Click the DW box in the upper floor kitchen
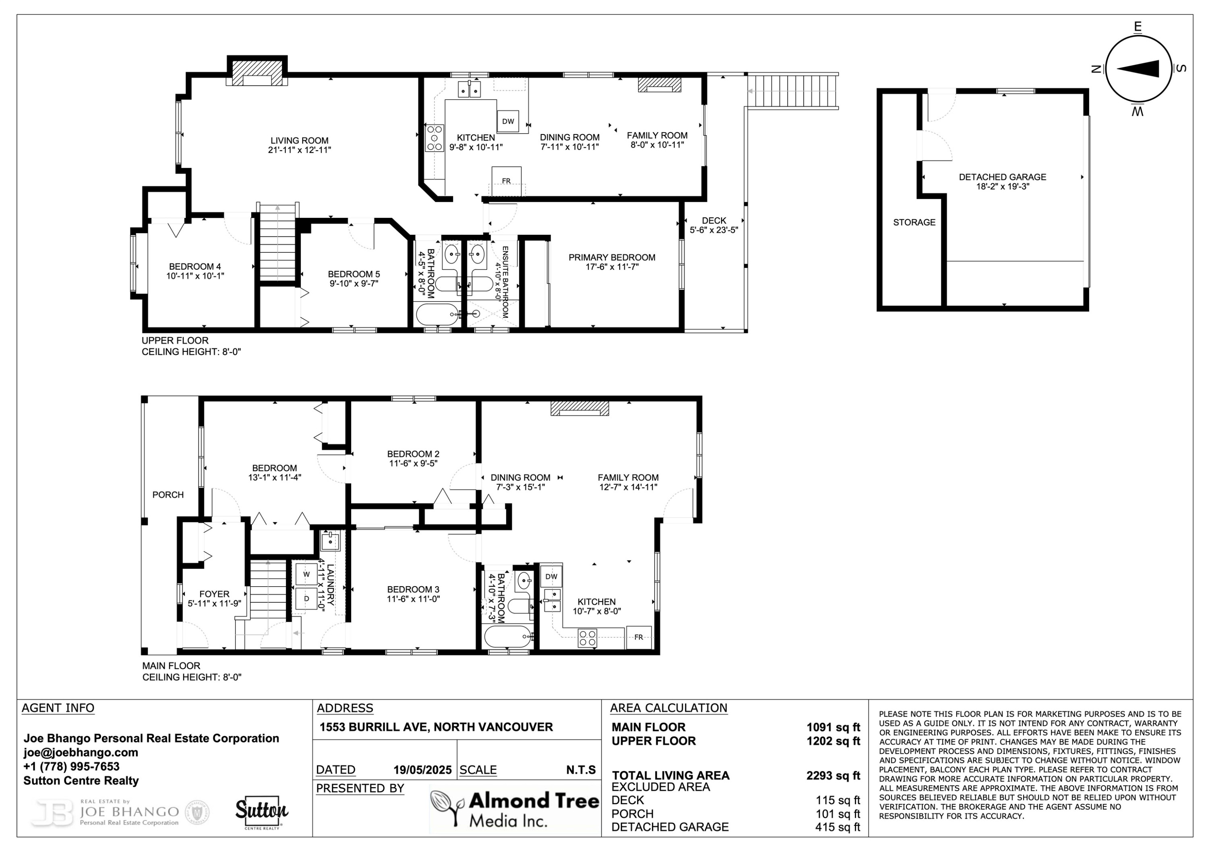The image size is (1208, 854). (508, 122)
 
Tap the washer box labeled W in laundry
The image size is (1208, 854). (306, 574)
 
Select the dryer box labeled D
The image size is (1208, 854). (306, 598)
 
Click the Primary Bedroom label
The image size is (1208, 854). (611, 257)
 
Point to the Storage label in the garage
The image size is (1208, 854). (914, 222)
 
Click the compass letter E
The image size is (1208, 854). (1138, 26)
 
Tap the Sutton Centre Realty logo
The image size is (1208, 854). (261, 813)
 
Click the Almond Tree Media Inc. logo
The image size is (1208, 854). (515, 809)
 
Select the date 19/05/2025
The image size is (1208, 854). (422, 770)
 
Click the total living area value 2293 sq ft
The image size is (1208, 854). (833, 775)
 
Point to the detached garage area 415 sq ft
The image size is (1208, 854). (837, 827)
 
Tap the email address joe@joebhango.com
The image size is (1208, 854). (81, 753)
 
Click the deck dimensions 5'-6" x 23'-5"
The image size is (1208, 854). (714, 230)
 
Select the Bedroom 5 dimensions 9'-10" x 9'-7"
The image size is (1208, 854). (354, 283)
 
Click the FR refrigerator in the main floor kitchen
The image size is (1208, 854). (639, 637)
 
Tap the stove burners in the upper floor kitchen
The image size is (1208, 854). (434, 138)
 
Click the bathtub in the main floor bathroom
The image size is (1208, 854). (508, 638)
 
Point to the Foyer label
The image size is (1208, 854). (214, 593)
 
